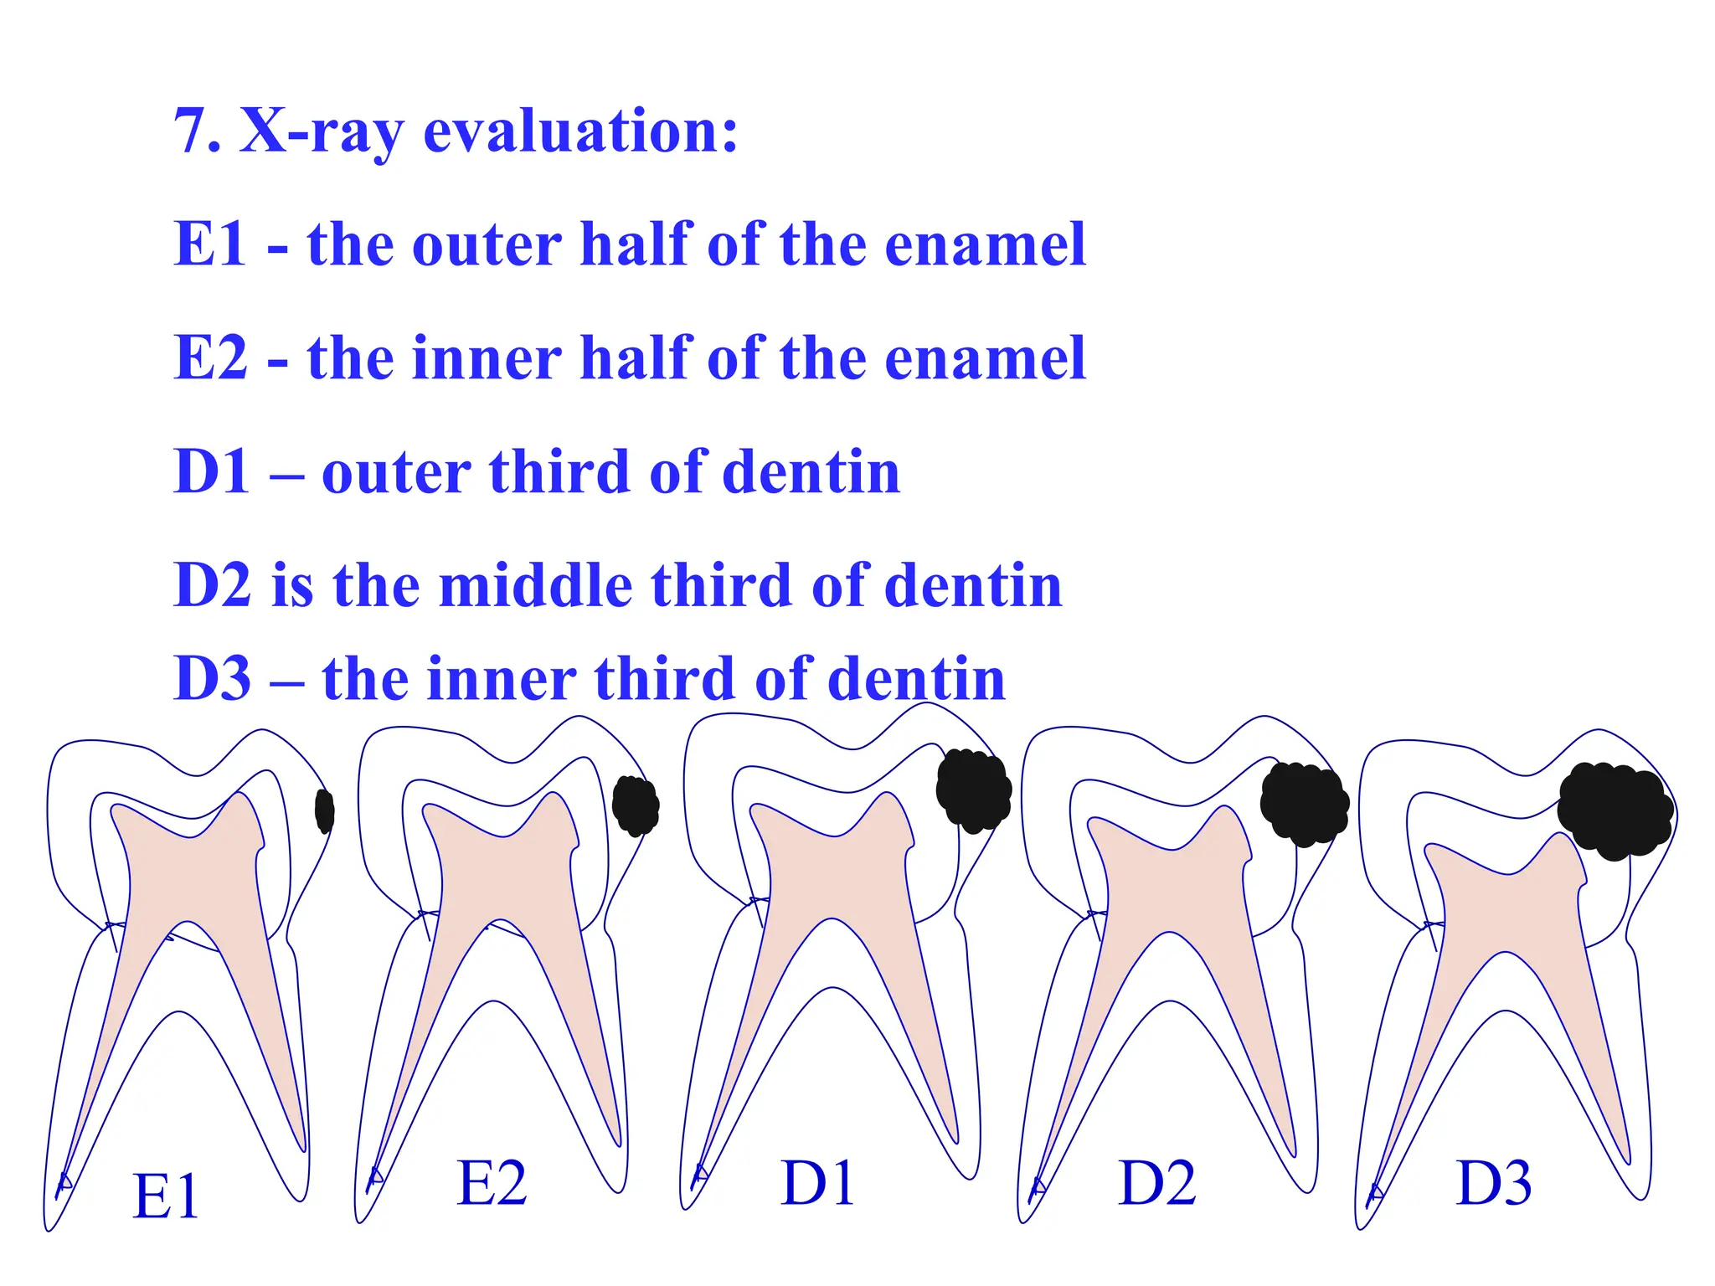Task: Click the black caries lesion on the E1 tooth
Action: (325, 810)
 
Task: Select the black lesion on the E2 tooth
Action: (636, 805)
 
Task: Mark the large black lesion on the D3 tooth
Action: (1615, 810)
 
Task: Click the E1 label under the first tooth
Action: (166, 1196)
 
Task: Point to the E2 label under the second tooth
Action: (492, 1183)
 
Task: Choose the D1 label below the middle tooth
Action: (817, 1183)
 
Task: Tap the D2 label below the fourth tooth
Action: (1157, 1183)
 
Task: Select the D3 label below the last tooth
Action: (1494, 1183)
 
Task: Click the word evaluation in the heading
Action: (580, 131)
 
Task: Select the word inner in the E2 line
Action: (487, 358)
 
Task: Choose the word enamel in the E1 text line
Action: (985, 244)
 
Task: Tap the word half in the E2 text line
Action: (636, 358)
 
